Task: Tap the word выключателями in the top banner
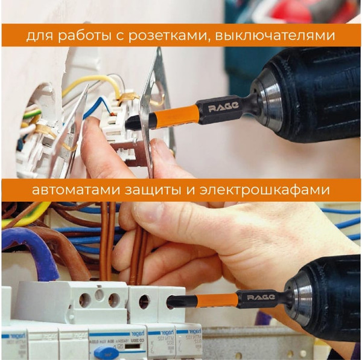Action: pos(289,36)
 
